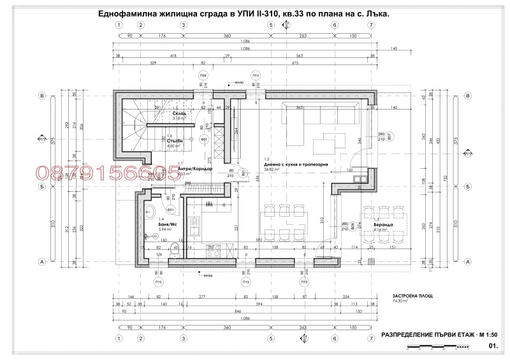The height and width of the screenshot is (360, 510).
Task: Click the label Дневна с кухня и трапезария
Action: coord(296,164)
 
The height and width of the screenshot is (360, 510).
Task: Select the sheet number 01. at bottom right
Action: coord(492,347)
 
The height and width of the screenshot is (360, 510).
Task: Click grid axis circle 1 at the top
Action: coord(119,25)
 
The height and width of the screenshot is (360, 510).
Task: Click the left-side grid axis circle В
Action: coord(43,96)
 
